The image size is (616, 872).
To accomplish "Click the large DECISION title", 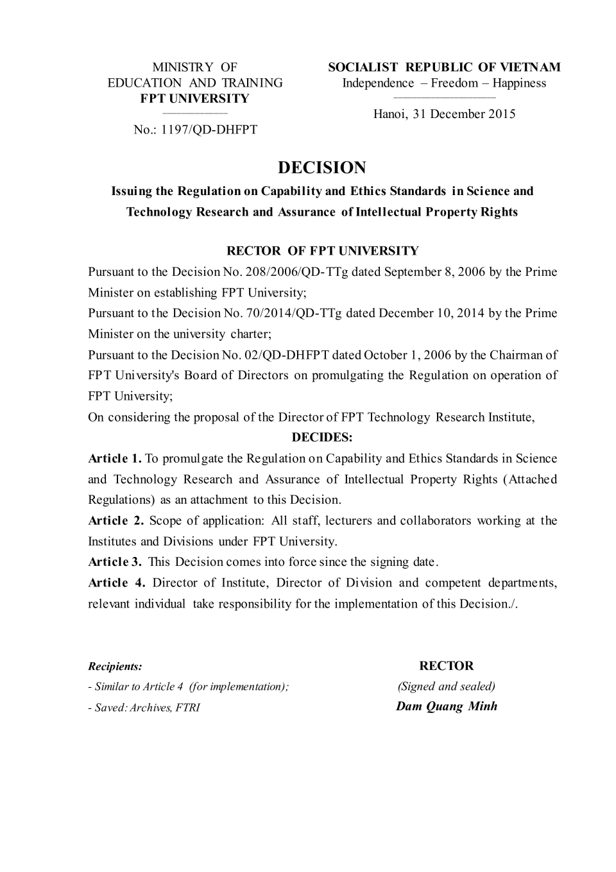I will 322,168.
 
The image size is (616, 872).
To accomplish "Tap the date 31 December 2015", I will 465,114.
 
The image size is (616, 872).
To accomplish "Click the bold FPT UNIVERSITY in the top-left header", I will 195,98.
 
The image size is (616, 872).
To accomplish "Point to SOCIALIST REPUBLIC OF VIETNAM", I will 444,67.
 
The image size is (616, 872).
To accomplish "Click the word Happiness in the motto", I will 519,83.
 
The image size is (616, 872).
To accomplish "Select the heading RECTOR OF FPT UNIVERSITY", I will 323,251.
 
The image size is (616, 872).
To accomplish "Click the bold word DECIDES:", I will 322,438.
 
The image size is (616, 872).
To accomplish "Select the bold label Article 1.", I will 115,458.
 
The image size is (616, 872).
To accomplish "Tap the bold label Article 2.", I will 116,520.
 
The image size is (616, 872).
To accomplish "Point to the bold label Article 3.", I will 115,562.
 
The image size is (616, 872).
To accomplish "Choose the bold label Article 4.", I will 117,583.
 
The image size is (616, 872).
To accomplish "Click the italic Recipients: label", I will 115,667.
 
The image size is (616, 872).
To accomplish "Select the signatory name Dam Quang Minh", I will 447,706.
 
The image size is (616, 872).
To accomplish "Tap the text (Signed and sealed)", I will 447,686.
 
